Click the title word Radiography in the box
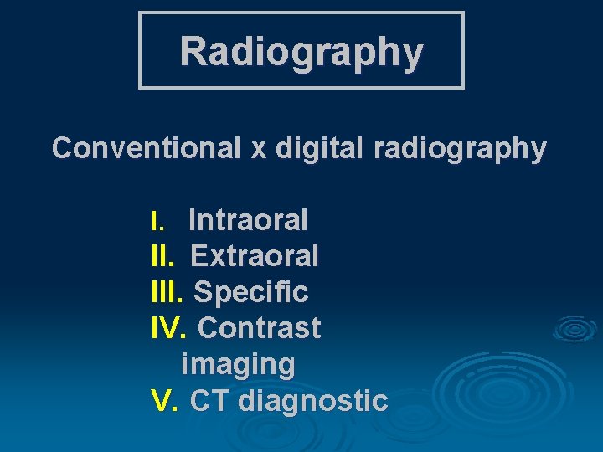(301, 51)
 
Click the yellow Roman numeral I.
(156, 221)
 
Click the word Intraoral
(248, 220)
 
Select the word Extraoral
(255, 256)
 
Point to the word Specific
(251, 292)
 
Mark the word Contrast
(259, 328)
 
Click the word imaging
(238, 365)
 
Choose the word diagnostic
(312, 402)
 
